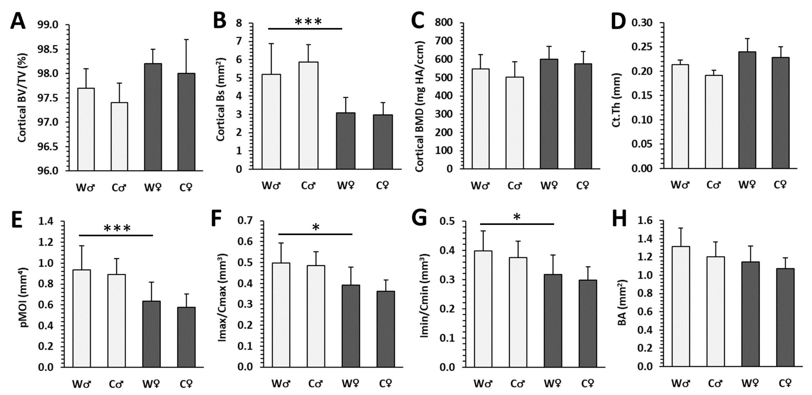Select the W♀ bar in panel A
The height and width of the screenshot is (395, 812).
pyautogui.click(x=153, y=117)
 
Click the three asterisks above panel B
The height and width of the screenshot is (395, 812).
pyautogui.click(x=308, y=22)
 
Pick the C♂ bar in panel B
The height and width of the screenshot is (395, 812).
pyautogui.click(x=308, y=115)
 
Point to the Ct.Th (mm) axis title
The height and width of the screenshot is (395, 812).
pyautogui.click(x=616, y=100)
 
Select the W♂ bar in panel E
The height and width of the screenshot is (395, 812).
pyautogui.click(x=82, y=318)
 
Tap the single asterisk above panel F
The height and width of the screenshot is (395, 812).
pyautogui.click(x=316, y=227)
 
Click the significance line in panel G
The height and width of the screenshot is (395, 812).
pyautogui.click(x=517, y=224)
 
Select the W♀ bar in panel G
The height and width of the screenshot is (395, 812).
pyautogui.click(x=553, y=321)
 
